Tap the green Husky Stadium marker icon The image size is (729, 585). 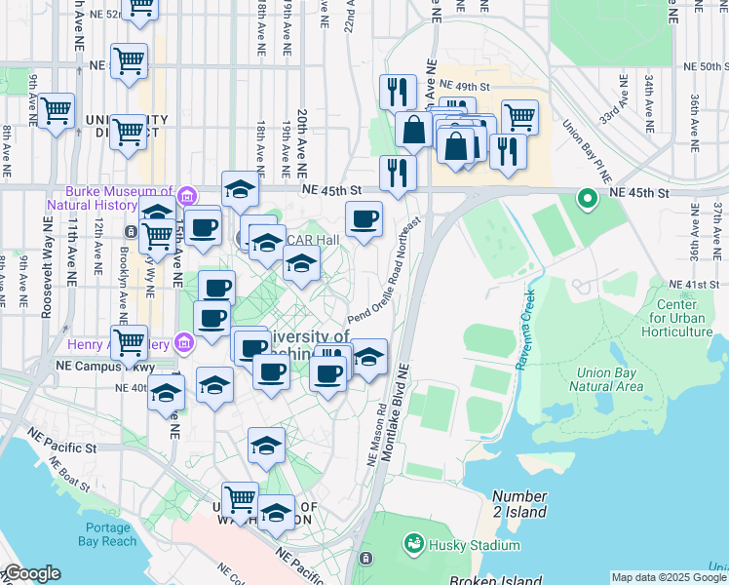[x=414, y=542]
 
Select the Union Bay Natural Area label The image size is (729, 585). [x=610, y=379]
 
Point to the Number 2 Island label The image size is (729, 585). [x=519, y=504]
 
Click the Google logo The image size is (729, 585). [x=31, y=574]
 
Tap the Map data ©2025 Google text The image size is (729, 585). [x=669, y=577]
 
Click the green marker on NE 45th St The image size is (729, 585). [x=588, y=199]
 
